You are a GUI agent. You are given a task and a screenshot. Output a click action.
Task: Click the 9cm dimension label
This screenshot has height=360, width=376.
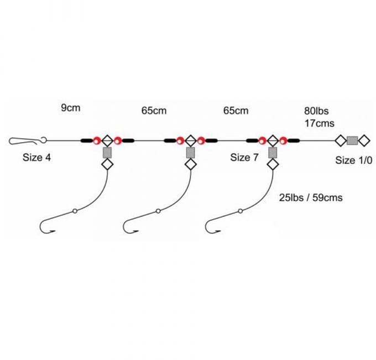(71, 108)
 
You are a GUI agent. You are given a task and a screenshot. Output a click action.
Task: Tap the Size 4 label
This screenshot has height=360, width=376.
(36, 158)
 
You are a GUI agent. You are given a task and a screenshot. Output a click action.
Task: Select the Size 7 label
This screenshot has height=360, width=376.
(244, 158)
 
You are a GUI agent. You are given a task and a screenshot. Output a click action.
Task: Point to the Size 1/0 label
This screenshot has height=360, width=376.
(354, 160)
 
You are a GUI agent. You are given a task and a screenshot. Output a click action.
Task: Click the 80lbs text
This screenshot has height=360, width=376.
(316, 111)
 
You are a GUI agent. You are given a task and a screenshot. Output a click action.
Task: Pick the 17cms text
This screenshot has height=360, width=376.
(320, 123)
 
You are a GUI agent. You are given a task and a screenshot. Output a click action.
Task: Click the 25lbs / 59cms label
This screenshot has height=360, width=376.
(311, 197)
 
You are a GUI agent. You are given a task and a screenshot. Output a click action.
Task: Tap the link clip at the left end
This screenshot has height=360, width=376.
(28, 141)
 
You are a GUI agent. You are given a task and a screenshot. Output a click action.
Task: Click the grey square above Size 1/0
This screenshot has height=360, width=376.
(352, 141)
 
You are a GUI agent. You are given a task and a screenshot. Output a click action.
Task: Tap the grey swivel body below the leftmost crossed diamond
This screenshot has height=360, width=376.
(107, 153)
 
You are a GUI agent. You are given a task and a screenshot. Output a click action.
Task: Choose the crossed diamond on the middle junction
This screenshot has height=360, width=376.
(191, 141)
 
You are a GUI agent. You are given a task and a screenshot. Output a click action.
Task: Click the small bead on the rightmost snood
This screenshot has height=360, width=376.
(241, 211)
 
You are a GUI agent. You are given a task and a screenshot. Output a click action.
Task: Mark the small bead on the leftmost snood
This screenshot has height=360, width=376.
(75, 211)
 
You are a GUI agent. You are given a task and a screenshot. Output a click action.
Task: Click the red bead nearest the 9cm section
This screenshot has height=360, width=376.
(97, 141)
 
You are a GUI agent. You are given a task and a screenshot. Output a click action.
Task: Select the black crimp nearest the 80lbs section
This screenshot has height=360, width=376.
(294, 141)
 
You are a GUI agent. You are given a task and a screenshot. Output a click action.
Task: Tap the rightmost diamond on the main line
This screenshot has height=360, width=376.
(364, 141)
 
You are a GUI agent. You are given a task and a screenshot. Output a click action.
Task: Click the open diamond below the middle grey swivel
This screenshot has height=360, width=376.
(191, 165)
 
